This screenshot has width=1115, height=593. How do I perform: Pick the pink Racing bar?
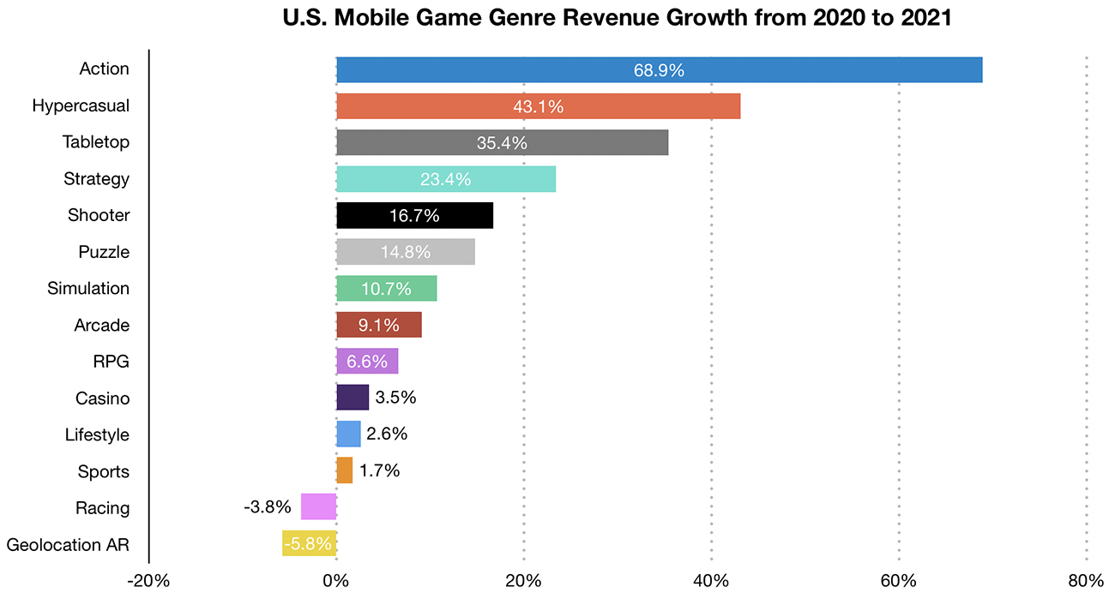pos(318,507)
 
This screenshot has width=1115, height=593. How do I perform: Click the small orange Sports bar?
pos(344,470)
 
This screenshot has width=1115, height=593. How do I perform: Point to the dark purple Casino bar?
pos(353,398)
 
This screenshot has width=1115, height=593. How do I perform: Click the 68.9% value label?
pos(659,70)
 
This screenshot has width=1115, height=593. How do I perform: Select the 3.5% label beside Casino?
pos(396,398)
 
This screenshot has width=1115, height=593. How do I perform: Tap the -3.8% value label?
pos(268,507)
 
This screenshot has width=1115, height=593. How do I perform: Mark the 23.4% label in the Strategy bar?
pos(445,180)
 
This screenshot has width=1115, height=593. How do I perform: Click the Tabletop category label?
pos(96,142)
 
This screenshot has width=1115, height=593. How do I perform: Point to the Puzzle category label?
pos(104,252)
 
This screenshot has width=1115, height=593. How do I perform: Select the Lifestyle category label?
pos(97,435)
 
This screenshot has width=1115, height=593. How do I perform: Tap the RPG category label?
pos(111,362)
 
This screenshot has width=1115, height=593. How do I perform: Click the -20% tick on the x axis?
pos(148,580)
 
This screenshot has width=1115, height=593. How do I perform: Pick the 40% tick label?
pos(711,580)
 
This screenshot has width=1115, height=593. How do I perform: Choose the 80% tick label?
pos(1086,580)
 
